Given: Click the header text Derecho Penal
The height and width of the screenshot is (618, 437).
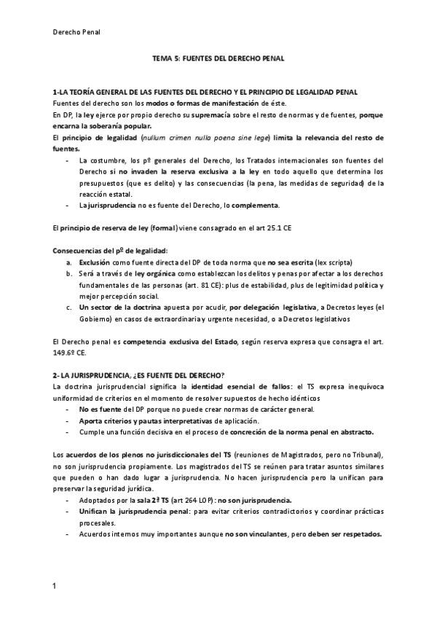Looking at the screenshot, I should (x=77, y=32).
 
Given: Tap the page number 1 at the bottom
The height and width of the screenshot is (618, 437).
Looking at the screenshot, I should (x=55, y=585).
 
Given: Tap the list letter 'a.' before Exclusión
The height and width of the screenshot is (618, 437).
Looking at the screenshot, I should (x=69, y=262).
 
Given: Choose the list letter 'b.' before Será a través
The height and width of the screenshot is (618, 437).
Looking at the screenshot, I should (x=69, y=273).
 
